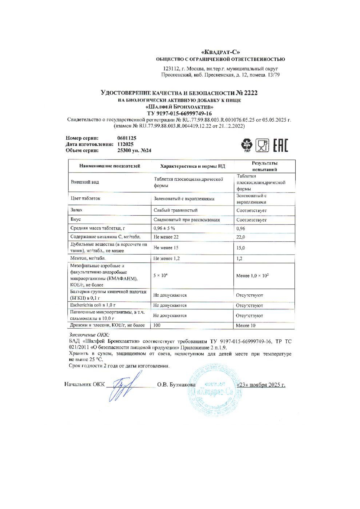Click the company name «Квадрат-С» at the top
click(x=220, y=52)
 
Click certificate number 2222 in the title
click(x=250, y=93)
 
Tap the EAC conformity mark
click(x=280, y=146)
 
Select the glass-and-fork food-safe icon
click(x=262, y=146)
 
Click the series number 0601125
click(x=127, y=138)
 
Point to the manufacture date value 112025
click(x=125, y=144)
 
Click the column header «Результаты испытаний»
click(x=264, y=166)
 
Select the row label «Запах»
click(x=77, y=210)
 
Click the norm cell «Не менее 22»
click(x=166, y=237)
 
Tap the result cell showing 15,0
click(x=240, y=248)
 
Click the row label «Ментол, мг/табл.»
click(x=88, y=258)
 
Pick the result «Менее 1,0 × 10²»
click(x=252, y=276)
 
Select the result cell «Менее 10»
click(x=245, y=325)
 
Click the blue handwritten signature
click(x=123, y=387)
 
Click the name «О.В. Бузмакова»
click(x=176, y=385)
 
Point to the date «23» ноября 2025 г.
click(x=261, y=385)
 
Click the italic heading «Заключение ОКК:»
click(x=89, y=335)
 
